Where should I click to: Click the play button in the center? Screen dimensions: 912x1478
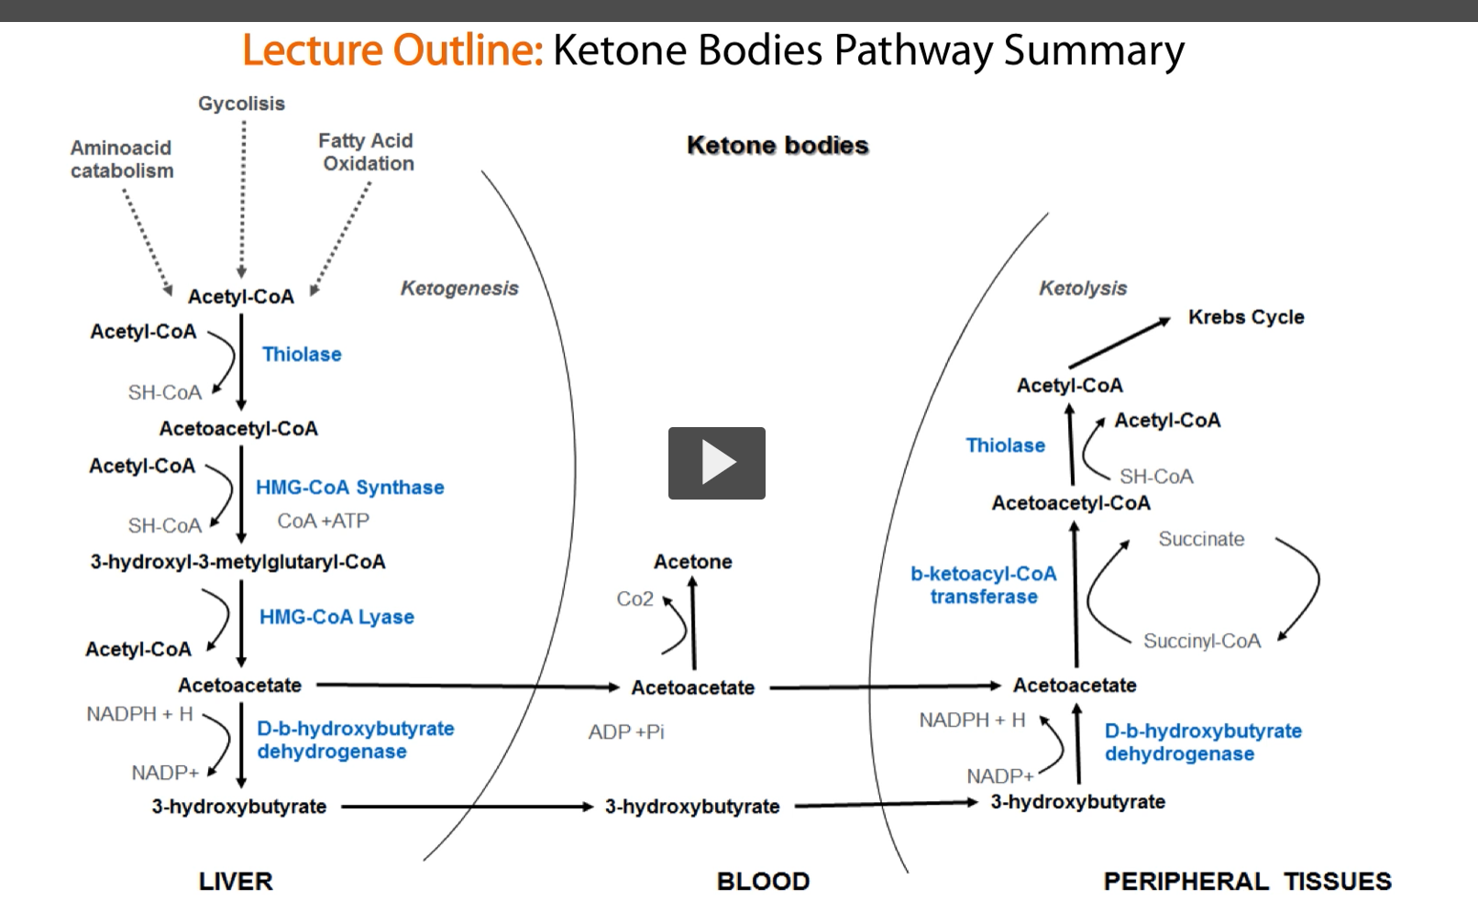716,463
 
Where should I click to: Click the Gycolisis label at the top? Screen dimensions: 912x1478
241,104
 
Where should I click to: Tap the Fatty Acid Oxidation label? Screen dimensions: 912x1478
367,152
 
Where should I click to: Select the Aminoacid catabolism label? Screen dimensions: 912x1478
122,159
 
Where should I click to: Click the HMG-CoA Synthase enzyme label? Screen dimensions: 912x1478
349,488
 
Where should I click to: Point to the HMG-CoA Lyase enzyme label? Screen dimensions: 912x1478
336,617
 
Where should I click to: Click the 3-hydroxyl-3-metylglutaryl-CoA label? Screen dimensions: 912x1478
237,562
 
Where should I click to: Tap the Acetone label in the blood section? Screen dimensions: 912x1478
692,562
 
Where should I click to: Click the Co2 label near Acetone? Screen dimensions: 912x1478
634,599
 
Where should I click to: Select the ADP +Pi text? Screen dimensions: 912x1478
626,732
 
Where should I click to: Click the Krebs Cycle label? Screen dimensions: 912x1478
1245,317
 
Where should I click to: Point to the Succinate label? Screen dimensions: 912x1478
1201,539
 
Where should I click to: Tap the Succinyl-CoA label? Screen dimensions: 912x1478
1201,641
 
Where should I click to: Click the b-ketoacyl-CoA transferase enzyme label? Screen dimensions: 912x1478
983,585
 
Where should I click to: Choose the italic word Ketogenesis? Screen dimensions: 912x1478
459,289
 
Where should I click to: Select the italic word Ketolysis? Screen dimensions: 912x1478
1083,289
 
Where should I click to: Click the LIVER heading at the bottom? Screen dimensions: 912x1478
236,881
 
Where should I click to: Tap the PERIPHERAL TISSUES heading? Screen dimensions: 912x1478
1247,881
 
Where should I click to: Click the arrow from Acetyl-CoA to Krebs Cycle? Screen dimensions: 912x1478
1120,343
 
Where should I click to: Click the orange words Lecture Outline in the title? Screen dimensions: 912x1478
392,50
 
